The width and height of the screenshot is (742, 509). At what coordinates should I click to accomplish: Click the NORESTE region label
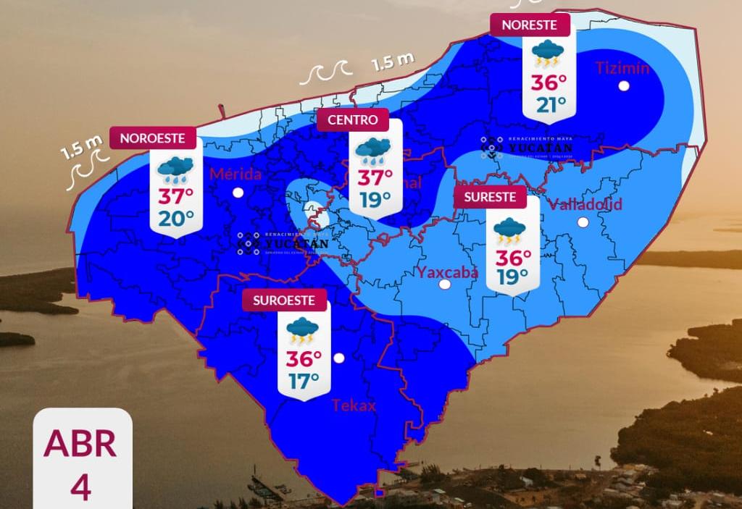coord(530,24)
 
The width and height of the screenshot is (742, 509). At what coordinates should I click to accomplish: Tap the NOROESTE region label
coord(152,138)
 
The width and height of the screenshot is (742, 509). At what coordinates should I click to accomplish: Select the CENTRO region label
coord(353,119)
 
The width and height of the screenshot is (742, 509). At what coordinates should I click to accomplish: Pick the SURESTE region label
coord(491,196)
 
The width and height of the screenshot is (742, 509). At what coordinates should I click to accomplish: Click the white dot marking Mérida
coord(238,192)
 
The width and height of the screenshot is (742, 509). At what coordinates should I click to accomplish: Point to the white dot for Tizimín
coord(623,86)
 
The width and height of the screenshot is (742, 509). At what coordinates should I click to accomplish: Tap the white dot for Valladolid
coord(583,222)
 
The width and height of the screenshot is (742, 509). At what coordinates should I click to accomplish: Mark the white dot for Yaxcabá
coord(445,285)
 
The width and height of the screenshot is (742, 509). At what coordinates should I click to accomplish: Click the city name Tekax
coord(354,405)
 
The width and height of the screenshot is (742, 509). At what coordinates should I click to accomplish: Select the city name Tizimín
coord(622,69)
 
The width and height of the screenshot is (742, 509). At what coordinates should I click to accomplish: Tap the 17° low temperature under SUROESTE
coord(304,381)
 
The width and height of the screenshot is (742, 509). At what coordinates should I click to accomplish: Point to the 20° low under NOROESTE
coord(176,216)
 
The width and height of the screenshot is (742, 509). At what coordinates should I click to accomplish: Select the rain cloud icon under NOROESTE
coord(175,169)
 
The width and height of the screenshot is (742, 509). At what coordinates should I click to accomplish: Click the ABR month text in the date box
coord(80,443)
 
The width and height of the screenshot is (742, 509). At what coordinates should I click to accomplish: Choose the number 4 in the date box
coord(80,487)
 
